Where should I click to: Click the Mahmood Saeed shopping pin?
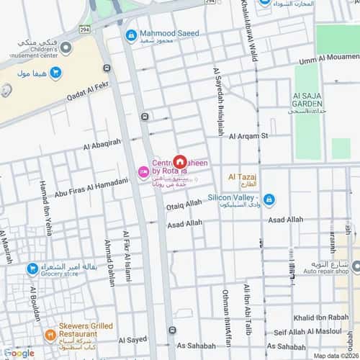pos(131,35)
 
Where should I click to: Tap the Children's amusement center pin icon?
pos(66,48)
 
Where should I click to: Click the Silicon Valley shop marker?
pos(269,199)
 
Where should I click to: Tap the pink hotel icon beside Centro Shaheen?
pos(143,171)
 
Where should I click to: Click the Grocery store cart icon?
pos(32,269)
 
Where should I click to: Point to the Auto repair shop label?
pos(324,273)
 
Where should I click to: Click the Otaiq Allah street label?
pos(184,205)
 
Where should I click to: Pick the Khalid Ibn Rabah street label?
pos(320,318)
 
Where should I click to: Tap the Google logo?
pos(19,353)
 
